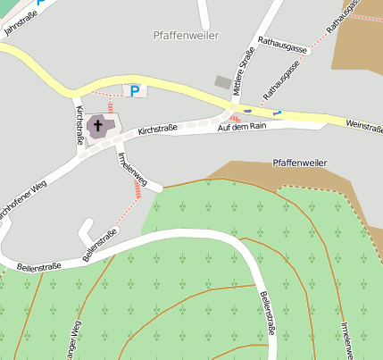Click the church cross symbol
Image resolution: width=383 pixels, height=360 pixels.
pos(98,126)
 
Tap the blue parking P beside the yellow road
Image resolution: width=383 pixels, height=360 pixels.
pos(135,90)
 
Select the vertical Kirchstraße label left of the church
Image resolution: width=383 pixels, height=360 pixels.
pos(79,124)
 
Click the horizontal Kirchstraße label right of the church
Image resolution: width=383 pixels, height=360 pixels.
pos(158,131)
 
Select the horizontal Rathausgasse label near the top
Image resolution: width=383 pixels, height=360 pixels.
pos(281,46)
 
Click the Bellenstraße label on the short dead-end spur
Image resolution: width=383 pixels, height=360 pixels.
pos(99,245)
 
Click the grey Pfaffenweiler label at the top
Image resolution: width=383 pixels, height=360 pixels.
pos(186,35)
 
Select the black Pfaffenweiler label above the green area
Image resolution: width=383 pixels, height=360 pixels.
pos(299,164)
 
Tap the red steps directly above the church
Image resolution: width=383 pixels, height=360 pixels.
pos(110,106)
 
